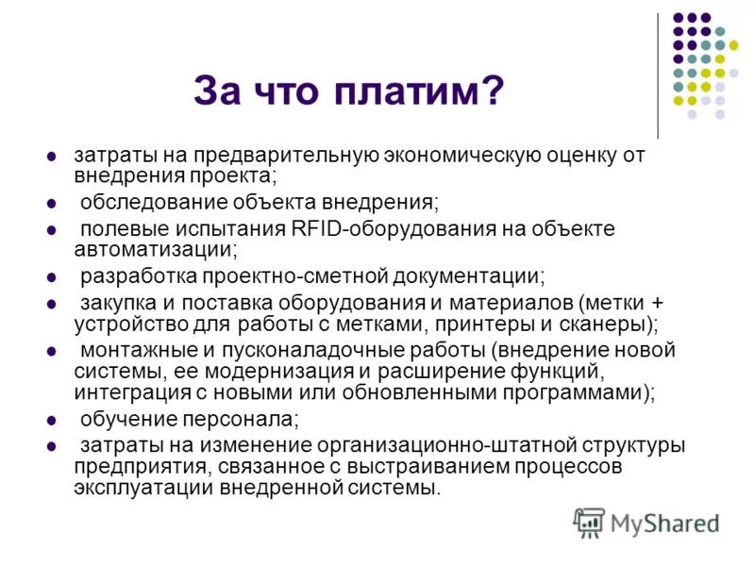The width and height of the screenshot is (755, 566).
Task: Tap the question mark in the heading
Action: pos(492,92)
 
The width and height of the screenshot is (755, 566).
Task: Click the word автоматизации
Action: pos(155,249)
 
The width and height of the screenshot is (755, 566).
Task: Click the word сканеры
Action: pos(601,324)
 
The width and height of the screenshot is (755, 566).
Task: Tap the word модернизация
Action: pos(312,371)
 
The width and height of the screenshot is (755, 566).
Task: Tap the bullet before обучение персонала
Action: pos(52,420)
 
